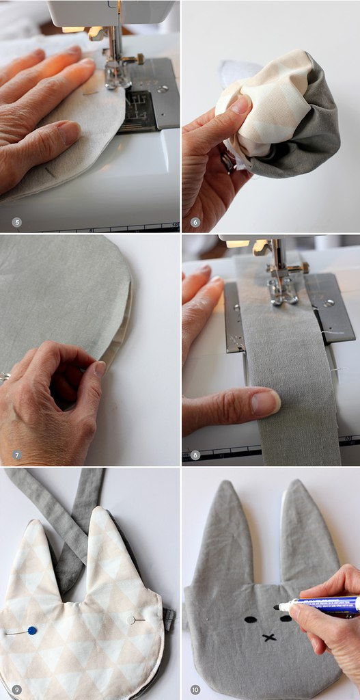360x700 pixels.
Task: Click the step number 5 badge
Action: [x=17, y=222]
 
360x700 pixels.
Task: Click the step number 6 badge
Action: [x=195, y=222]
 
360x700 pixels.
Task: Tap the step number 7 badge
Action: [x=17, y=455]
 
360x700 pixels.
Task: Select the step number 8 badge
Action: [x=195, y=455]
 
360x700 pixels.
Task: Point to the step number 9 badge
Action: [x=17, y=690]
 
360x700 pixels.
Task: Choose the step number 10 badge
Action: [x=195, y=690]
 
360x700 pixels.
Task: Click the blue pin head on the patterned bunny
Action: [x=32, y=630]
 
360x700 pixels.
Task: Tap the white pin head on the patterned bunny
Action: [x=130, y=619]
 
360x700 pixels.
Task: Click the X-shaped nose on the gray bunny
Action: [x=269, y=637]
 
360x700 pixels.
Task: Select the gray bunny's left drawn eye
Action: [x=251, y=619]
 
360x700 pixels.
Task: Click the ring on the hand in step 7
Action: [x=5, y=377]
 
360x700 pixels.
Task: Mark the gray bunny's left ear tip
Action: [x=227, y=482]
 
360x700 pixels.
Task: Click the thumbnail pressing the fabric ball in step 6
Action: [x=240, y=105]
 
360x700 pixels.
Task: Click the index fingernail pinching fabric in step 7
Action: [x=100, y=368]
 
